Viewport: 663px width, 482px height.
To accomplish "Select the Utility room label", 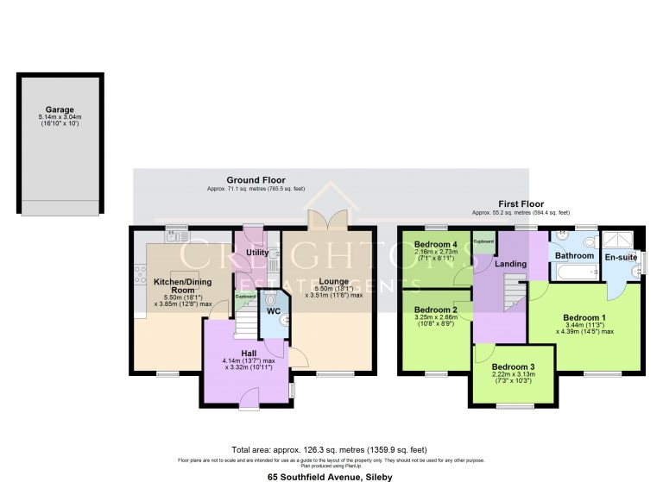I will point(257,253).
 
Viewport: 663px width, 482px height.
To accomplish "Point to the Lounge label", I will point(332,281).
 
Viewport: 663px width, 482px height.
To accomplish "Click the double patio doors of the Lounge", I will point(329,219).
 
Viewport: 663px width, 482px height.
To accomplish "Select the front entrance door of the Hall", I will point(249,397).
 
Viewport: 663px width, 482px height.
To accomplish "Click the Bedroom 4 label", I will point(435,242).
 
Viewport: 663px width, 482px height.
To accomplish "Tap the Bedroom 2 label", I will point(435,310).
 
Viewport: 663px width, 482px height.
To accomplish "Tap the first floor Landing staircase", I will point(512,294).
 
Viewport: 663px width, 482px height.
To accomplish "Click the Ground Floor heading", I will point(256,179).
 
